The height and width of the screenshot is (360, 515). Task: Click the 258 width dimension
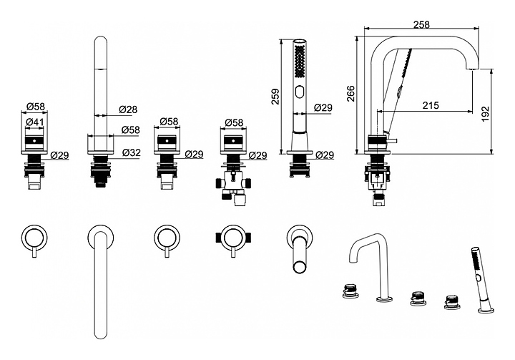422,24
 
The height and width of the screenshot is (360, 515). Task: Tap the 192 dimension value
486,112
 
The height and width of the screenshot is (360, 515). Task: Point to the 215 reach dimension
430,105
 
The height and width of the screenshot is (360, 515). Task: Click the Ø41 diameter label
35,122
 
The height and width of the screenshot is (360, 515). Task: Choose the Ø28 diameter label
128,109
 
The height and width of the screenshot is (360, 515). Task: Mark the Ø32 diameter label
132,152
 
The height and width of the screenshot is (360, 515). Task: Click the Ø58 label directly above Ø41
36,107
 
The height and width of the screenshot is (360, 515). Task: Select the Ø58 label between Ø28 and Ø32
131,130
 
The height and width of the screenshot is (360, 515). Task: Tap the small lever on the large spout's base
389,135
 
